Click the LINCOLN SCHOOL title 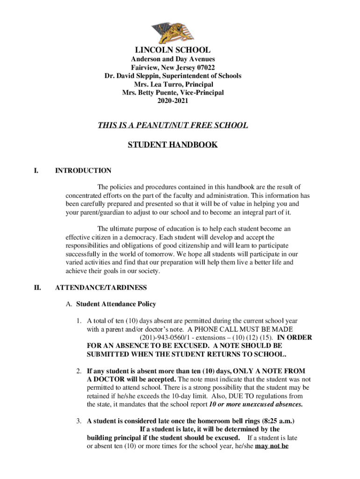(173, 50)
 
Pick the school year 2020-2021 (173, 101)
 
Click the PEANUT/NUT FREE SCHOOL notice (173, 125)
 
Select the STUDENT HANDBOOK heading (173, 145)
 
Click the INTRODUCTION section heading (83, 171)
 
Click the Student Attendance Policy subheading (116, 304)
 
